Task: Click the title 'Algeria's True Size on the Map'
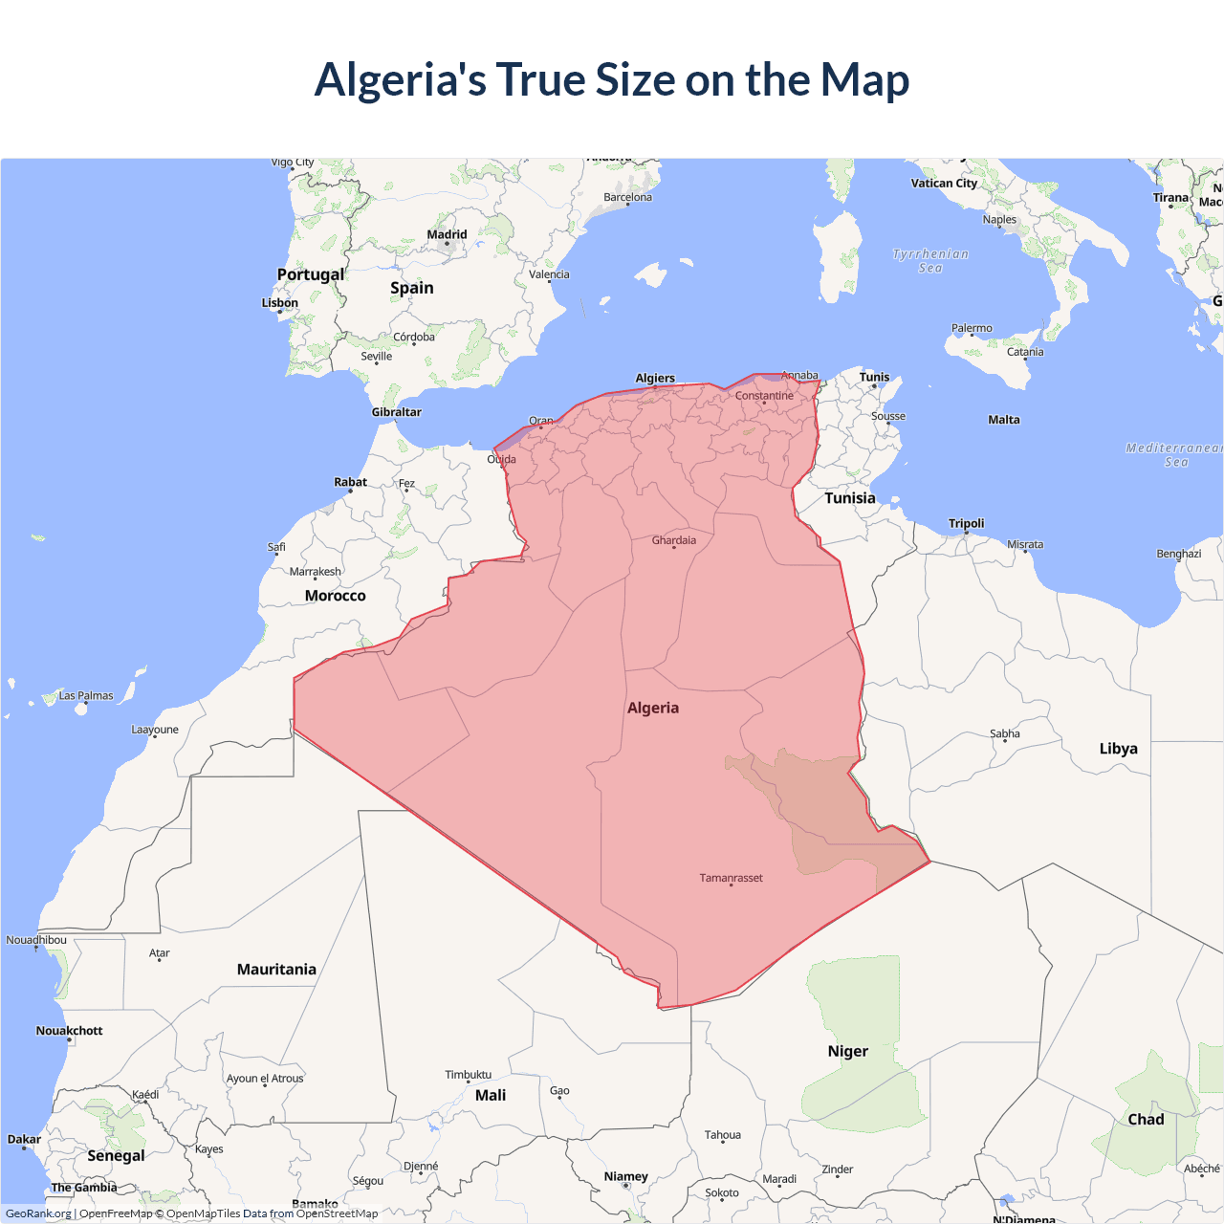[x=612, y=79]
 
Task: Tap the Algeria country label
[x=653, y=708]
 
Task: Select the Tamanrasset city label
[x=731, y=878]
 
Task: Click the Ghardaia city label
[x=674, y=540]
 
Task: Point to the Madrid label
[x=447, y=234]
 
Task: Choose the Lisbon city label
[x=280, y=303]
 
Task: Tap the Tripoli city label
[x=966, y=523]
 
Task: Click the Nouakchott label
[x=69, y=1031]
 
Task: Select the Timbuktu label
[x=469, y=1075]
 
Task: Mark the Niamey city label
[x=626, y=1176]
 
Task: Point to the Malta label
[x=1004, y=420]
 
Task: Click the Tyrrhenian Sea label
[x=930, y=261]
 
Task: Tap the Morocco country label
[x=335, y=596]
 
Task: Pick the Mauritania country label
[x=276, y=970]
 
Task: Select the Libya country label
[x=1118, y=749]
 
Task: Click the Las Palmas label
[x=86, y=696]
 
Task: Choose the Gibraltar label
[x=396, y=412]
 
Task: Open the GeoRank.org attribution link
[x=38, y=1213]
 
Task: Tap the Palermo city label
[x=972, y=328]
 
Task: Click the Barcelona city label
[x=627, y=197]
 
